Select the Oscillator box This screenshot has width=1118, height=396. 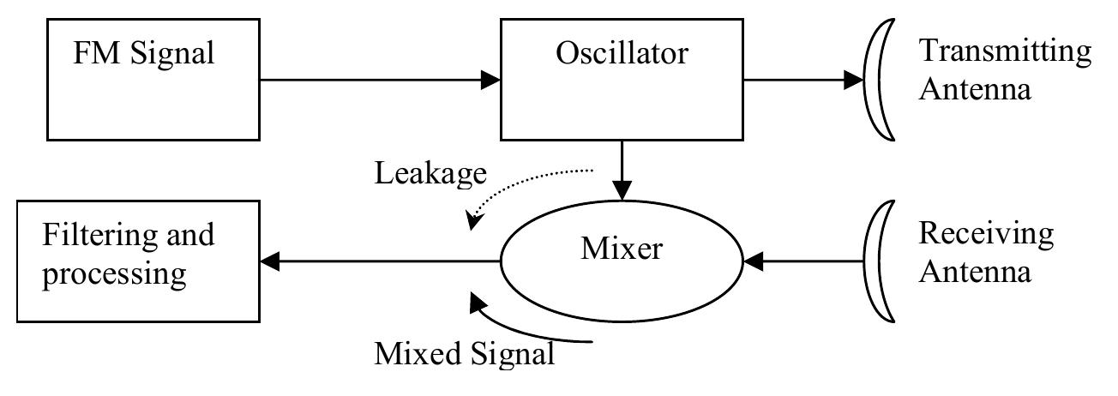coord(622,81)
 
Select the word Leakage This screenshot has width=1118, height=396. coord(430,174)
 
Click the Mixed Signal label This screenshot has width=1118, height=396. coord(464,352)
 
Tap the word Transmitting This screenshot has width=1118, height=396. coord(1005,51)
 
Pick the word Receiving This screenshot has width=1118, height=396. coord(986,233)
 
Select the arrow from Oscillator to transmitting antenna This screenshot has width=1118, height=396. coord(802,81)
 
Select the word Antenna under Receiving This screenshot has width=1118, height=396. coord(974,273)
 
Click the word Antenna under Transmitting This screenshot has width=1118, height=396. coord(974,89)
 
